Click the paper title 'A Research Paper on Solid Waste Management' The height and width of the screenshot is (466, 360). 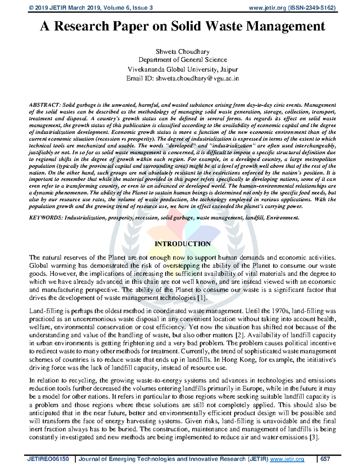tap(182, 26)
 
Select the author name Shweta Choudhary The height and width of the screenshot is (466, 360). tap(182, 52)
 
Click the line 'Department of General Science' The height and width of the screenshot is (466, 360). tap(182, 60)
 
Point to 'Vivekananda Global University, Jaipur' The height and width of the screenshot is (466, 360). tap(182, 70)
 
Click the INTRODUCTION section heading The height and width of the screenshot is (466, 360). tap(182, 244)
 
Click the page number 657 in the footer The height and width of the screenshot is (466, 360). tap(325, 459)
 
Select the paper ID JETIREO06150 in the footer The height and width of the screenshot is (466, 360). tap(48, 459)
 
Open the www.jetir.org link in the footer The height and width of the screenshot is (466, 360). tap(287, 459)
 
